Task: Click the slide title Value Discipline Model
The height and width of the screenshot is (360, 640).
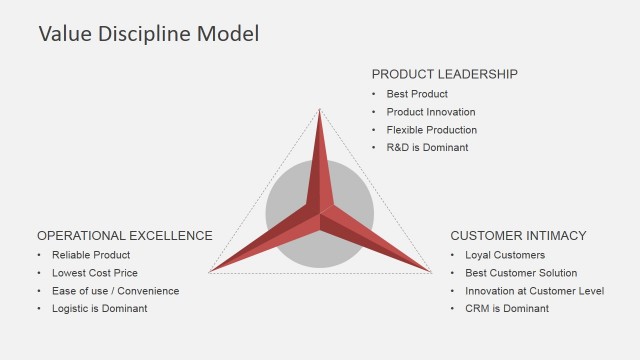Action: pyautogui.click(x=148, y=34)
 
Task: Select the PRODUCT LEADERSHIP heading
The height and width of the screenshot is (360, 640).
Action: pyautogui.click(x=445, y=74)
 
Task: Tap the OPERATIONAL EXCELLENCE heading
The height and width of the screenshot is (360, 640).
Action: pyautogui.click(x=125, y=236)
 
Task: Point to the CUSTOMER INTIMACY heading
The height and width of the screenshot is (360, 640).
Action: pyautogui.click(x=518, y=236)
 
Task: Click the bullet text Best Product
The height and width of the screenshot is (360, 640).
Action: pyautogui.click(x=417, y=94)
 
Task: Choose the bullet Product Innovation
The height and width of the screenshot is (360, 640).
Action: pyautogui.click(x=431, y=112)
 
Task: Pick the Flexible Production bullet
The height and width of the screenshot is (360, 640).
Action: pyautogui.click(x=432, y=130)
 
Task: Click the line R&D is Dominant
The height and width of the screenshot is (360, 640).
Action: pyautogui.click(x=427, y=148)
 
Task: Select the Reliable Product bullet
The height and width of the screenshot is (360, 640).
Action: pyautogui.click(x=91, y=255)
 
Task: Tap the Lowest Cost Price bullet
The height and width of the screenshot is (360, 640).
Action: pyautogui.click(x=95, y=273)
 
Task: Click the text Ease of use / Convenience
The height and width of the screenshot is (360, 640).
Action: pyautogui.click(x=116, y=291)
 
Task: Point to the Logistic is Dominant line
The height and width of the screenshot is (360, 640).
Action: pyautogui.click(x=100, y=309)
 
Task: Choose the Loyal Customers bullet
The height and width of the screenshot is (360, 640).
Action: pyautogui.click(x=505, y=255)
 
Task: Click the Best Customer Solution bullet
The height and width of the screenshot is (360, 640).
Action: pyautogui.click(x=521, y=273)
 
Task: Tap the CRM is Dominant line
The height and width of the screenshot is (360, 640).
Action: pyautogui.click(x=507, y=309)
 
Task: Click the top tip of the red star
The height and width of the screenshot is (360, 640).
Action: pyautogui.click(x=320, y=110)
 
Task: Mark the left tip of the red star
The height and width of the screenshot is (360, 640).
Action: pyautogui.click(x=211, y=271)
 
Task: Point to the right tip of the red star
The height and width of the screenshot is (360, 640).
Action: pyautogui.click(x=429, y=271)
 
